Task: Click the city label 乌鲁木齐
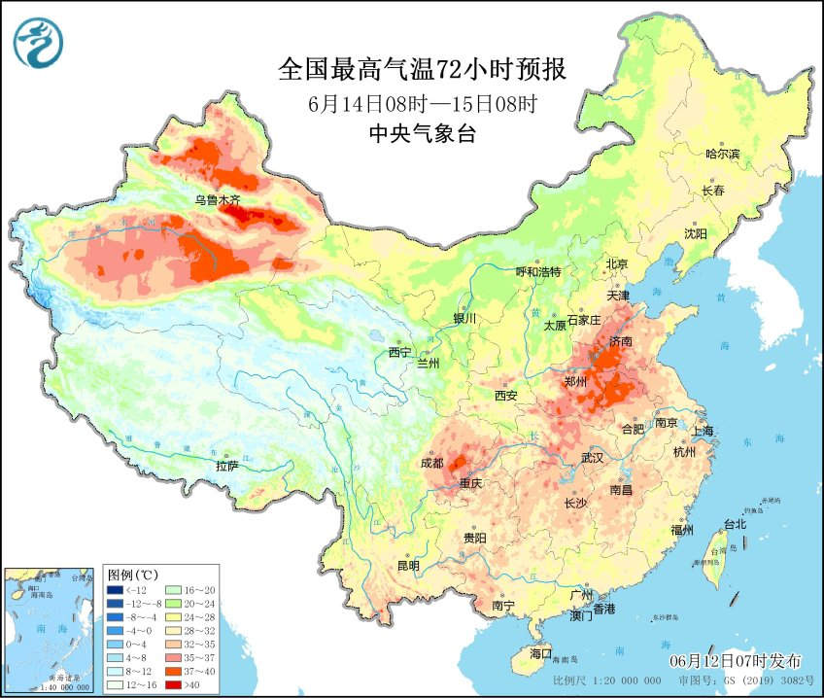pos(217,200)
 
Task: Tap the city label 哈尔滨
pos(722,154)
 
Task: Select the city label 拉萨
pos(226,466)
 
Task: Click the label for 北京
pos(618,263)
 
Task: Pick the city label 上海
pos(704,431)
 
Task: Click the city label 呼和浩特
pos(537,272)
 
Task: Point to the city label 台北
pos(734,524)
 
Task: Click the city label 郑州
pos(576,382)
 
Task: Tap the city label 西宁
pos(400,352)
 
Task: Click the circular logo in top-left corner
pos(38,41)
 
